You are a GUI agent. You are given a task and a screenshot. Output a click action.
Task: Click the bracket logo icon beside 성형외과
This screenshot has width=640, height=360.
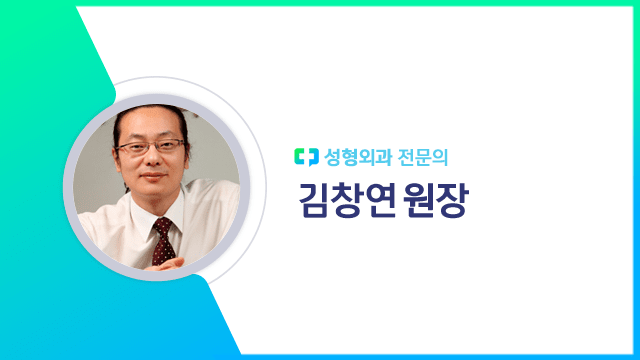tap(306, 156)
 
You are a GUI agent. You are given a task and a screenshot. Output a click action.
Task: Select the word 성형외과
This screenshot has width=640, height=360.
tap(353, 156)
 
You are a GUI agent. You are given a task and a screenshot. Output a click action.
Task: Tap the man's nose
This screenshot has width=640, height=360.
tap(149, 160)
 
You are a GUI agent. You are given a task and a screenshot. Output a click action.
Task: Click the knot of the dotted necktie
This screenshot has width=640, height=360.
tap(161, 225)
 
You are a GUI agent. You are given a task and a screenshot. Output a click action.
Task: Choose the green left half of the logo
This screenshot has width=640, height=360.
tap(301, 156)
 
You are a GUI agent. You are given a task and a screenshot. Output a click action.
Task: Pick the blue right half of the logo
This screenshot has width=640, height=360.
tap(311, 156)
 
